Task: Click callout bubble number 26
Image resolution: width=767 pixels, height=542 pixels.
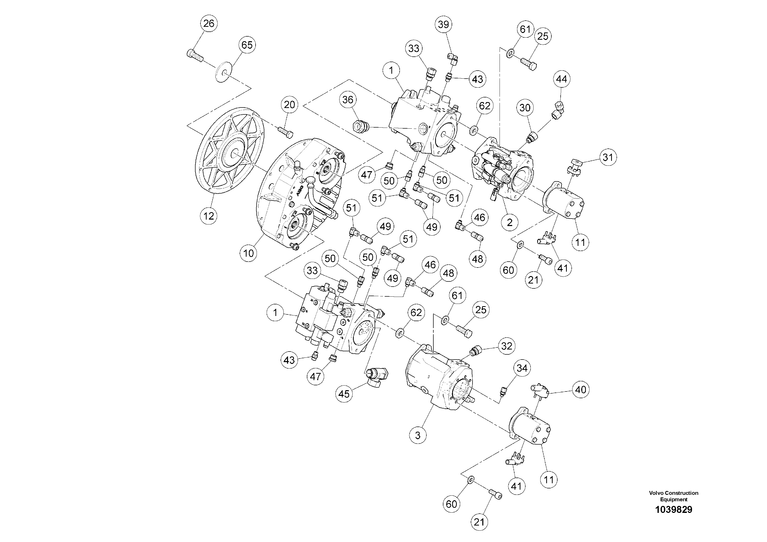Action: pos(209,23)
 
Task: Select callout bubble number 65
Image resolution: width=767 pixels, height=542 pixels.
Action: pos(247,45)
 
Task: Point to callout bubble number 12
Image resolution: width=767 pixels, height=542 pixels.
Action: pos(208,216)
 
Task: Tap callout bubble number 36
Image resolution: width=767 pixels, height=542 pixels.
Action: pos(348,99)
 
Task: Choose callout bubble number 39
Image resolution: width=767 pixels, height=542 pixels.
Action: pos(444,24)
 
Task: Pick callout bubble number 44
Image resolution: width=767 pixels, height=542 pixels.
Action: pos(561,79)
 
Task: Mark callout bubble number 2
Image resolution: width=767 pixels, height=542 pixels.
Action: pos(509,222)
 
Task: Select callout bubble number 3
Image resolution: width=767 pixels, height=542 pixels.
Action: pos(418,435)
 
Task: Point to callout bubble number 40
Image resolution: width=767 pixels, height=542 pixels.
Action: pos(580,390)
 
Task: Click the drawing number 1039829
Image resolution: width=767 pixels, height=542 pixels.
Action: pos(673,510)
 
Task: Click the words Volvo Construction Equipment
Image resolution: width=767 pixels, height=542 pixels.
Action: pos(673,496)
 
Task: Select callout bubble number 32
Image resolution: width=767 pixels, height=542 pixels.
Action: pos(507,346)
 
